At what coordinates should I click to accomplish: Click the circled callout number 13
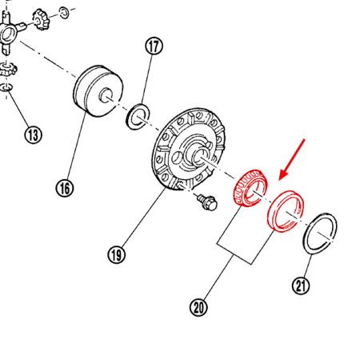tap(32, 134)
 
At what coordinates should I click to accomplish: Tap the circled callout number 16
tap(65, 188)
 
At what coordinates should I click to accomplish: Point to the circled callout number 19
tap(117, 256)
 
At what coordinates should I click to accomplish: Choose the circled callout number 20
tap(198, 305)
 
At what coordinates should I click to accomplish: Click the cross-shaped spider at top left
tap(11, 34)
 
